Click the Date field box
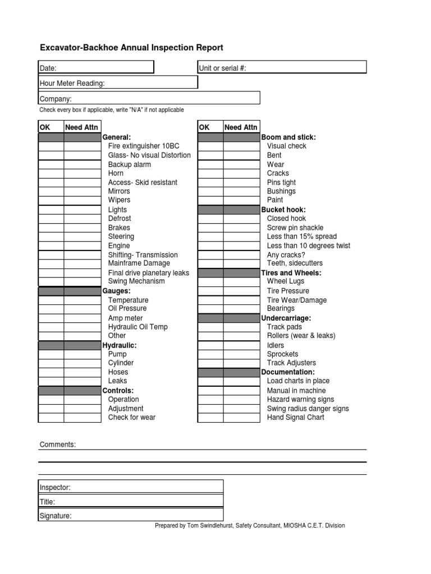point(96,68)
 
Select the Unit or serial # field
point(282,68)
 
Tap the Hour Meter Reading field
point(118,83)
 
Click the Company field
point(149,99)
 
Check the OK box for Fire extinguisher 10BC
point(51,146)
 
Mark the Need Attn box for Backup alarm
point(82,164)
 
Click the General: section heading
point(117,137)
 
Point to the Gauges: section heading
point(116,291)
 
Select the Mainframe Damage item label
point(139,263)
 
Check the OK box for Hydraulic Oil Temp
point(51,327)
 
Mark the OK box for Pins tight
point(210,182)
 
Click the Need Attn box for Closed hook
point(241,219)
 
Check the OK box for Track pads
point(210,327)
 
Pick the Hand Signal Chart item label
point(295,418)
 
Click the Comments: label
point(57,445)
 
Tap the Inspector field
point(131,487)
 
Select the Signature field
point(131,516)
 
